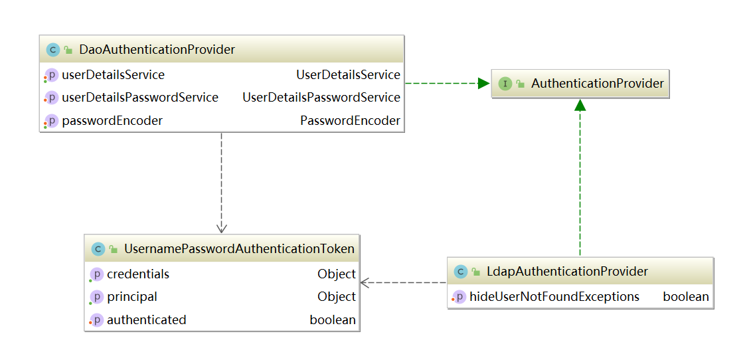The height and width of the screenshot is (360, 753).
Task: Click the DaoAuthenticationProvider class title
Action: coord(157,50)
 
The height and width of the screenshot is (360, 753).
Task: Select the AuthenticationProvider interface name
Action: coord(597,84)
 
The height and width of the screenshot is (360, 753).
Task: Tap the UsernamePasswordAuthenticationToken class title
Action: coord(239,249)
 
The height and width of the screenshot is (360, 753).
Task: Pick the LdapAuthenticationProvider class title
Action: coord(567,272)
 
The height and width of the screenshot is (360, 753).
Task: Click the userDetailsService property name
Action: coord(113,75)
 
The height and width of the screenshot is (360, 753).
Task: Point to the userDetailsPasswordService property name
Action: coord(139,98)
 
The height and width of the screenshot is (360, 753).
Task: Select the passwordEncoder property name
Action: coord(112,121)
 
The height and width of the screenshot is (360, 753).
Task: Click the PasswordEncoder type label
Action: coord(350,121)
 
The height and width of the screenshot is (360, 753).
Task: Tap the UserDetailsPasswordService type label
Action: coord(321,98)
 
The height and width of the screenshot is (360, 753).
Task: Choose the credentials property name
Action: coord(137,274)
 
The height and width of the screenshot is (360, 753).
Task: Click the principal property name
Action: coord(131,297)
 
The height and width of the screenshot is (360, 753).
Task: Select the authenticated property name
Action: coord(146,320)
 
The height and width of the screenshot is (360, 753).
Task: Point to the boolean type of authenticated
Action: coord(333,320)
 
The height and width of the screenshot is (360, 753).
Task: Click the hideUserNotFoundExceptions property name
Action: coord(554,297)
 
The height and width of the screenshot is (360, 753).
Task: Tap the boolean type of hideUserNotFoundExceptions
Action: coord(686,297)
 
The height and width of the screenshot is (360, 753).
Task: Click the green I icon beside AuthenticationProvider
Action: coord(505,84)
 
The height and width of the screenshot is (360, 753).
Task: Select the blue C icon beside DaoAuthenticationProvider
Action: coord(52,50)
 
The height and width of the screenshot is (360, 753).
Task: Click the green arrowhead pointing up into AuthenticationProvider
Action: coord(580,105)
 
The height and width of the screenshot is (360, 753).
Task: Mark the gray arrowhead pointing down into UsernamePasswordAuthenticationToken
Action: coord(221,226)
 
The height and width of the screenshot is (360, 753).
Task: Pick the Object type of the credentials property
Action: coord(336,274)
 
